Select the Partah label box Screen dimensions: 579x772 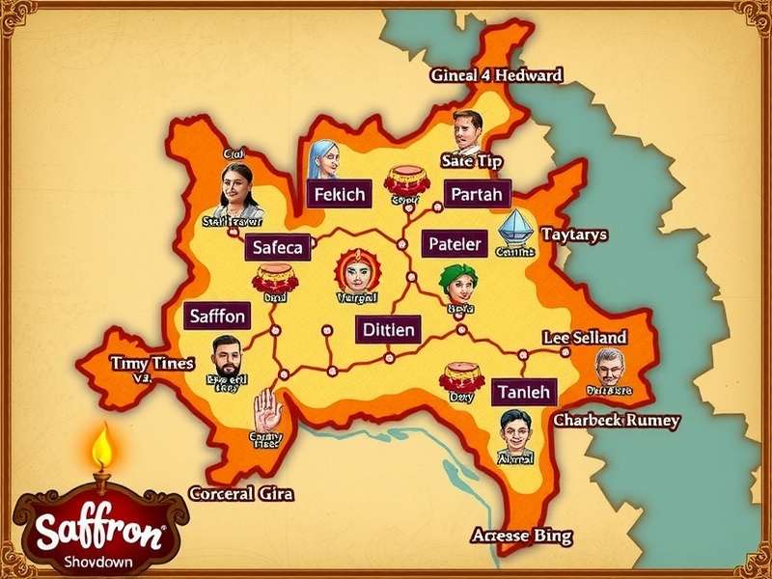pos(477,194)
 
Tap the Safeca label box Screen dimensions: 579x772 pos(277,247)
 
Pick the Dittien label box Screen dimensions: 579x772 pos(389,330)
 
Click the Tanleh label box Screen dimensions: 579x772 pos(525,392)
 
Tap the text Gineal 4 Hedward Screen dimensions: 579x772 pos(496,75)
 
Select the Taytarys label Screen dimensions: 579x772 pos(574,234)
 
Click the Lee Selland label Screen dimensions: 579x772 pos(584,337)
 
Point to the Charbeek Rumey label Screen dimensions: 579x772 pos(616,421)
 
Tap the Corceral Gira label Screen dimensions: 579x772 pos(241,493)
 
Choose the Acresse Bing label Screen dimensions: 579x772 pos(521,535)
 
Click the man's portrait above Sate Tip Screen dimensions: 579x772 pos(465,130)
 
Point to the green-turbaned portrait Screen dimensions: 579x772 pos(457,282)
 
